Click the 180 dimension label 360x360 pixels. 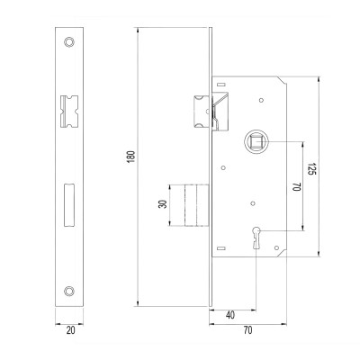point(131,157)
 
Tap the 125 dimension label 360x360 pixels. point(312,169)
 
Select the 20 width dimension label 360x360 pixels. point(70,330)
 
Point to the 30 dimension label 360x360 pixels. point(163,204)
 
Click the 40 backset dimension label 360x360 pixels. point(230,315)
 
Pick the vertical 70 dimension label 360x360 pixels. point(296,187)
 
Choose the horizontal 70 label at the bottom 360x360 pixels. point(247,330)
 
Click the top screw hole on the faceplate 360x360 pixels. point(69,42)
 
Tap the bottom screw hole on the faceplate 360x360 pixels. point(69,290)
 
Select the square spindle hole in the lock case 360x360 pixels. point(256,142)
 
